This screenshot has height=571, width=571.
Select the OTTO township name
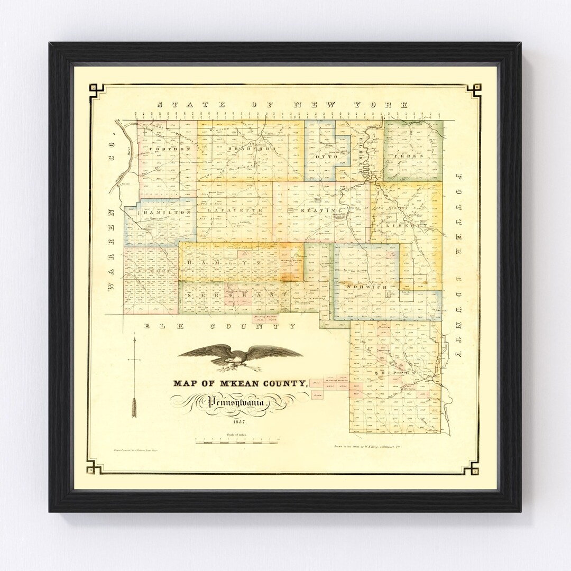[325, 157]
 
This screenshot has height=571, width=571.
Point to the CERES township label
[412, 157]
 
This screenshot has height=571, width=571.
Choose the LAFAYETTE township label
[232, 210]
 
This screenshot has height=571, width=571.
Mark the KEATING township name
[317, 211]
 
